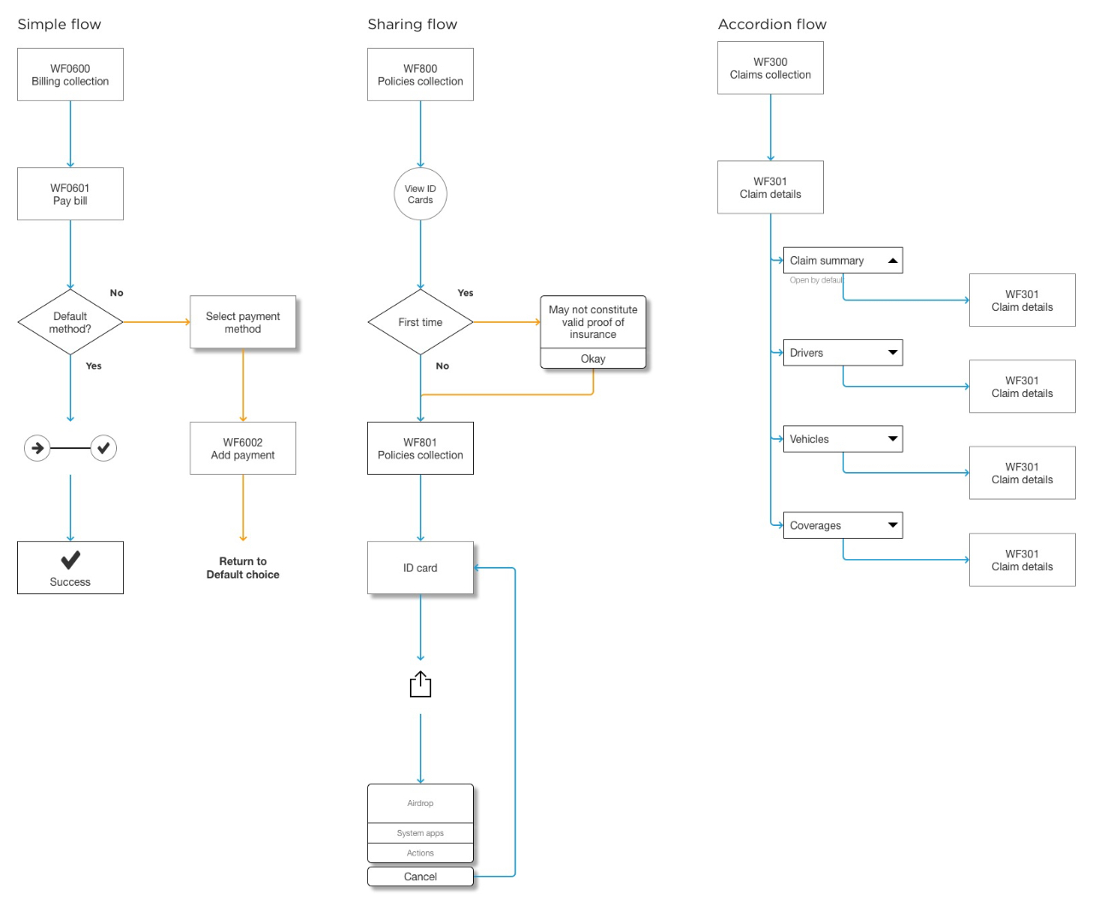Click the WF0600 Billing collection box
70,74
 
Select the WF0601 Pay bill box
70,194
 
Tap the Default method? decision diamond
70,322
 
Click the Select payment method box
243,322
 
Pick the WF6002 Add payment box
243,448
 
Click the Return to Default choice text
243,568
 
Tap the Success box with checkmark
70,568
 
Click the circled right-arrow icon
37,447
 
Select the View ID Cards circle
420,194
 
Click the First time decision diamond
420,322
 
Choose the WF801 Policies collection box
420,448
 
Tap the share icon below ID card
420,685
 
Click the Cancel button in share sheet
420,877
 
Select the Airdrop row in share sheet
420,803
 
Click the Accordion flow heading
772,24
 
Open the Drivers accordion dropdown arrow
892,353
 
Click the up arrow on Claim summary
892,260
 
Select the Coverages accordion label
815,526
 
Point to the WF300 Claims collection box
770,68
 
